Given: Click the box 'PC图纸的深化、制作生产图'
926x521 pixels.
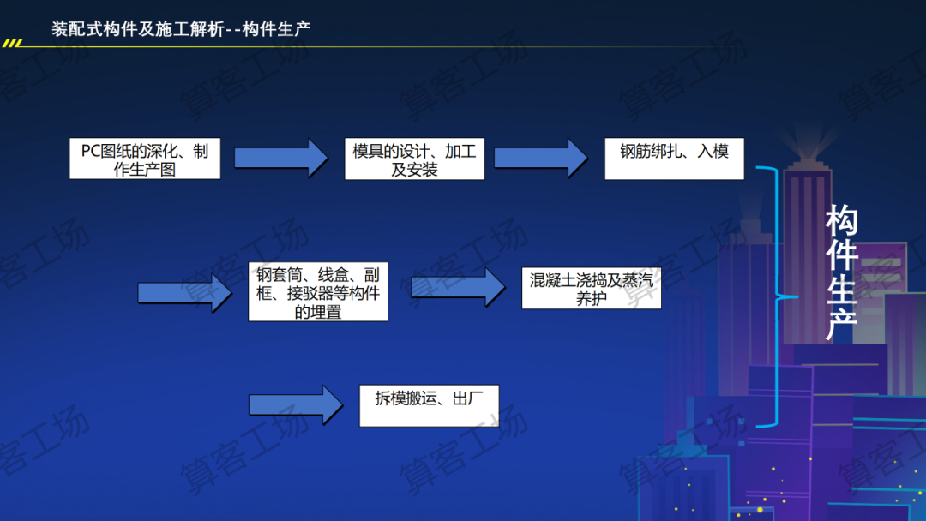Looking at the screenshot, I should point(144,159).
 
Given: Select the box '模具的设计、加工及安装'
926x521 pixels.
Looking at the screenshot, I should point(414,159).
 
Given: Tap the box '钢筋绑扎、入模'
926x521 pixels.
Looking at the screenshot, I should point(674,159).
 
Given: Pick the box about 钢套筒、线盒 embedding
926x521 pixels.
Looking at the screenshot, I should point(317,292).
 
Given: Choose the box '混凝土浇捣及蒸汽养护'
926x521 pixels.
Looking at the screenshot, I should point(591,289).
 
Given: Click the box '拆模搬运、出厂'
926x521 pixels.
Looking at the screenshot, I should point(429,406).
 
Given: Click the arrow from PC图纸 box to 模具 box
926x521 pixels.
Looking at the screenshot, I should point(281,158).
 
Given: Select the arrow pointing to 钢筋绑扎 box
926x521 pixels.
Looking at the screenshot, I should point(540,158).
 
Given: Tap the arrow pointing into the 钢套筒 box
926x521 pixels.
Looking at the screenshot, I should point(184,293).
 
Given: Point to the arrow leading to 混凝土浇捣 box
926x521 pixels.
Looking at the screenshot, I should point(459,287).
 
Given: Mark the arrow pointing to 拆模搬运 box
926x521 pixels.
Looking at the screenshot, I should point(295,404).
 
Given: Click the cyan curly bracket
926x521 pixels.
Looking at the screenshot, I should point(780,296).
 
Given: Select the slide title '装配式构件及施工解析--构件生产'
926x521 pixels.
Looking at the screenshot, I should point(181,29).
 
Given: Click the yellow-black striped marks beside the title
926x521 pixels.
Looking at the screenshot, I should point(12,42).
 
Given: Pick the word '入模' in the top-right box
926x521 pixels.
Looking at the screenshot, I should point(713,152).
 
